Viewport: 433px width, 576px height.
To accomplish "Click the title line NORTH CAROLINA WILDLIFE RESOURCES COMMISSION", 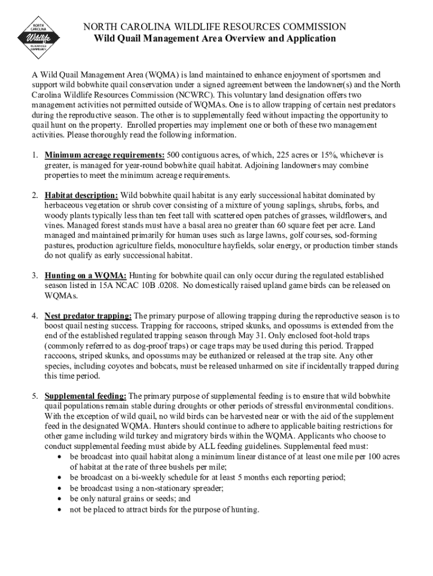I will (x=214, y=27).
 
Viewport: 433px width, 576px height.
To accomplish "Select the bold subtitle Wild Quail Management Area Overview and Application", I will (x=214, y=39).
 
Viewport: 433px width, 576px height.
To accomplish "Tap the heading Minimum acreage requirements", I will (x=105, y=155).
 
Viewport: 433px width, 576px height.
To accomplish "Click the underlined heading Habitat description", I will (x=82, y=195).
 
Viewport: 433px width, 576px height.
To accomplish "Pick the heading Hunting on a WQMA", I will (x=86, y=276).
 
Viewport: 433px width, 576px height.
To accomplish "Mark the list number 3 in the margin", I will (x=35, y=276).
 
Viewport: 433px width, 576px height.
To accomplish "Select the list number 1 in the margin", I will (x=35, y=155).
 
